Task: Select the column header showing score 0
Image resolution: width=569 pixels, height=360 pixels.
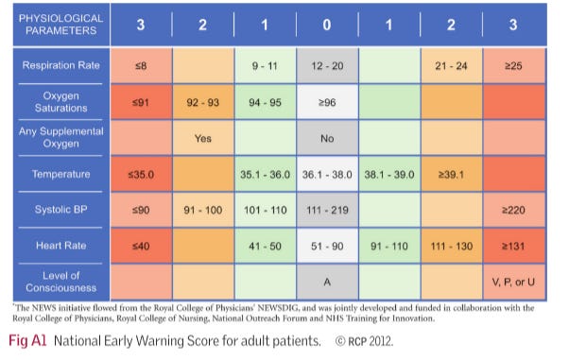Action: [326, 26]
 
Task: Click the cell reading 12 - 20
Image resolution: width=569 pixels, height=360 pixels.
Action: [326, 66]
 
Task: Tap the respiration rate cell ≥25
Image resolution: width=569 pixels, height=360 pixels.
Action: [512, 66]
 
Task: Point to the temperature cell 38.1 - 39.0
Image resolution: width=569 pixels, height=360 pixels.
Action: [388, 173]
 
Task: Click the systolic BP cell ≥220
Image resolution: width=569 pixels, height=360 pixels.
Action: [512, 209]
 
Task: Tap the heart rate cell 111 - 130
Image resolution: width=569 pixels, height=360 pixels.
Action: [450, 246]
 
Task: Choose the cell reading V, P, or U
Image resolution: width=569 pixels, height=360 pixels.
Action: [512, 281]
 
